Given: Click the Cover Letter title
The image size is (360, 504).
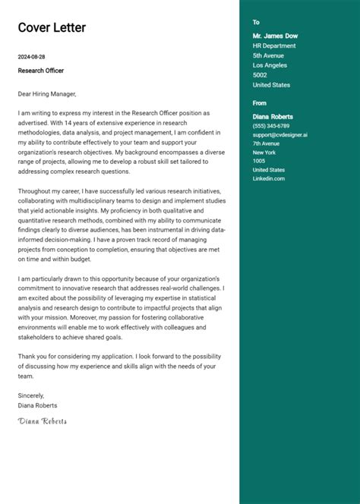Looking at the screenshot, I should click(x=52, y=28).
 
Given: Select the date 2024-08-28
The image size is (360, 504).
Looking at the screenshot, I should click(x=32, y=57).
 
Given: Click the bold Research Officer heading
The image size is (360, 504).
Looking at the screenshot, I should click(x=41, y=71).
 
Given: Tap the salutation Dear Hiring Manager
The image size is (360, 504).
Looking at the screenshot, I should click(x=48, y=94).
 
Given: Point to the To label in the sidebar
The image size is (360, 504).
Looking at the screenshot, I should click(x=256, y=23).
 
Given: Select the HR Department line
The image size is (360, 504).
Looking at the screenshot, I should click(x=274, y=46).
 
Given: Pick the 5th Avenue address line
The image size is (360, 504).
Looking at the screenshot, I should click(x=268, y=55).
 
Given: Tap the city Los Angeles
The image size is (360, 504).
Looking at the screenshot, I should click(x=270, y=65).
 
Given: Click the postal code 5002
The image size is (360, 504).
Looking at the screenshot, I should click(x=260, y=75).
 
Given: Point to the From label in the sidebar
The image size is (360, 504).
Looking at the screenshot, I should click(x=260, y=102).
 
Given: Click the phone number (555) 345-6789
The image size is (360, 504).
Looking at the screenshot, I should click(x=271, y=125).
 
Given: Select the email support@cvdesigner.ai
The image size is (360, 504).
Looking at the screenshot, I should click(x=279, y=134).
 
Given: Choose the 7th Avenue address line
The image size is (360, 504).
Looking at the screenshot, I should click(x=267, y=143).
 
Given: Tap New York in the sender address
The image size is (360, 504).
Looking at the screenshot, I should click(x=264, y=153).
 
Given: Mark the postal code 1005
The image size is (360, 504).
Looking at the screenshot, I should click(x=258, y=161).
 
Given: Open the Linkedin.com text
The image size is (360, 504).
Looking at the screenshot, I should click(x=269, y=178).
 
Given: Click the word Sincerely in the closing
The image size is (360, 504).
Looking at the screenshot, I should click(x=31, y=395).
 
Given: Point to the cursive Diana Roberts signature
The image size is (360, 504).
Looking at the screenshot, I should click(x=43, y=421).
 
